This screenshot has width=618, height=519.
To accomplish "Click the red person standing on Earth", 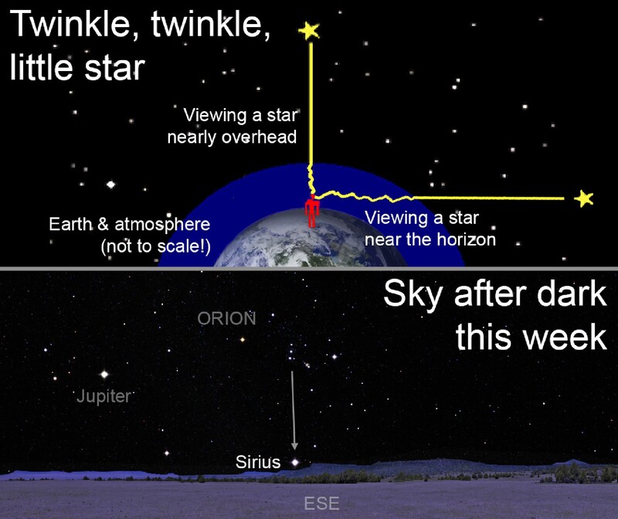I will click(x=311, y=211).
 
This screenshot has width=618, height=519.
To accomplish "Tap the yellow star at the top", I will click(x=309, y=31).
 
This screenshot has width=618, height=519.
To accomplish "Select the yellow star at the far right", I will click(x=584, y=199).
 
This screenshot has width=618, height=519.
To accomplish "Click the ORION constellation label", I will click(x=226, y=318).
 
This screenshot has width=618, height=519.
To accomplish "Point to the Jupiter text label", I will click(x=105, y=398).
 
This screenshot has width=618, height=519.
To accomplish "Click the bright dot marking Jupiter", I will click(x=104, y=375).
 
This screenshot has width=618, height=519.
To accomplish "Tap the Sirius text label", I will click(x=258, y=463).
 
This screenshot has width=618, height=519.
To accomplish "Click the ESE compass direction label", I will click(x=321, y=504).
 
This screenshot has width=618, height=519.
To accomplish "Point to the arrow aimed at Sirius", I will click(x=293, y=409).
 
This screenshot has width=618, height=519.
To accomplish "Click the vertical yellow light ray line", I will click(x=310, y=100).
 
